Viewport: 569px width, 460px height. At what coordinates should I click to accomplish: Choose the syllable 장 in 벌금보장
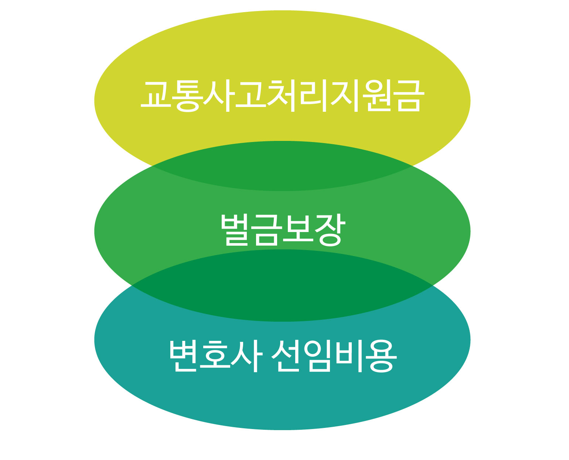click(x=330, y=229)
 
